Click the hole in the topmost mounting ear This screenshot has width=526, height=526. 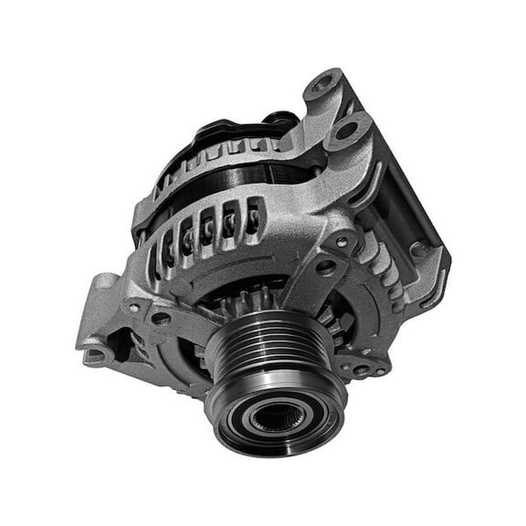pos(324,87)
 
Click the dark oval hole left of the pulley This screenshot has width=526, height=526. pos(161,319)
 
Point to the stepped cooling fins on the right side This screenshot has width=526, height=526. pos(384,265)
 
